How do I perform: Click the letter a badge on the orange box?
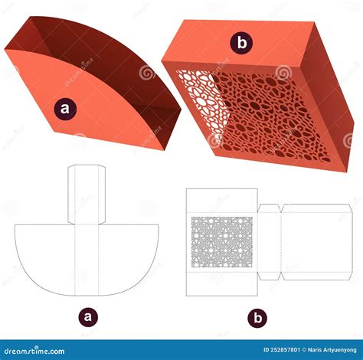64,109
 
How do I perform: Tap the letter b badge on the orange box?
242,44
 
